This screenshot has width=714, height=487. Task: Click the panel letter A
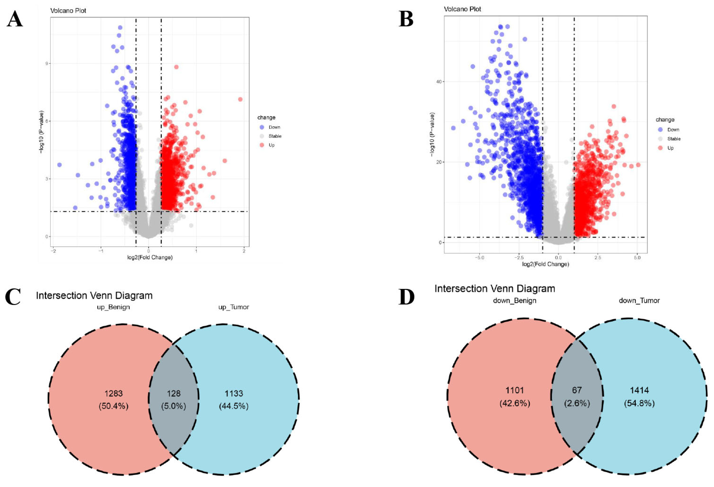coord(15,19)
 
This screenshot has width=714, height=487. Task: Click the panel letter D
coord(406,297)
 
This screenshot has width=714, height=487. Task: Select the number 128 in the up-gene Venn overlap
coord(174,394)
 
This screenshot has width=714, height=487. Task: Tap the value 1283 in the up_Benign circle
coord(113,394)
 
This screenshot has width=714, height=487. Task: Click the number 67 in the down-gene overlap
coord(577,390)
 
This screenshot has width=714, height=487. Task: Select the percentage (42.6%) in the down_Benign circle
coord(515,403)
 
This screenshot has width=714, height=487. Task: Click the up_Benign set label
coord(113,307)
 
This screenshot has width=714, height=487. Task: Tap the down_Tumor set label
coord(639,301)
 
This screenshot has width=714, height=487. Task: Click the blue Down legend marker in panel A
coord(262,127)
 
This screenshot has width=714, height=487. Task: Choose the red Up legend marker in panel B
coord(660,148)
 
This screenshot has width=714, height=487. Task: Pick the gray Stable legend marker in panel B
coord(660,139)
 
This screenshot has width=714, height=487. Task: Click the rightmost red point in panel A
coord(240,99)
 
